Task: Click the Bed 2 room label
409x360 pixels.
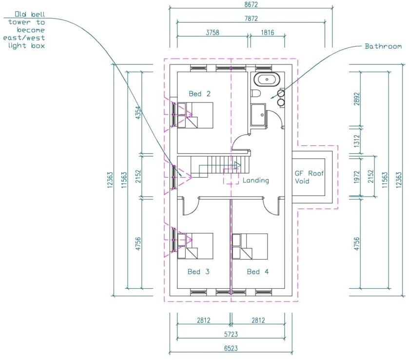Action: [x=199, y=94]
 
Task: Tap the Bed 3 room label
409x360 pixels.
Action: [x=198, y=272]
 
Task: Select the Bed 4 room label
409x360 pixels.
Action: [x=258, y=272]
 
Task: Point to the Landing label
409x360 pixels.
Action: [x=255, y=180]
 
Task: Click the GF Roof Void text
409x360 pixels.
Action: [x=310, y=177]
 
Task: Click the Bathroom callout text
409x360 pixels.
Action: [x=383, y=46]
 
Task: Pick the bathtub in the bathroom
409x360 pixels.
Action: [x=267, y=79]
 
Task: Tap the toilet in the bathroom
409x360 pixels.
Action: [x=255, y=94]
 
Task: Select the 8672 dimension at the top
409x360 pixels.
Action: [x=251, y=4]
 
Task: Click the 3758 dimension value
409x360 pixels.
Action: [x=213, y=33]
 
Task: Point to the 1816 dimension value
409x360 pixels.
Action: [x=267, y=33]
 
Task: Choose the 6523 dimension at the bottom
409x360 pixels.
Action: [x=231, y=348]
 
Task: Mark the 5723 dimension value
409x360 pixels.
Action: [x=231, y=334]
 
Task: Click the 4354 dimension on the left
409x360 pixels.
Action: [x=138, y=112]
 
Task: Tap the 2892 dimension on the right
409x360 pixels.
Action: [x=357, y=99]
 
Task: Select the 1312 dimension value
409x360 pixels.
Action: [x=357, y=140]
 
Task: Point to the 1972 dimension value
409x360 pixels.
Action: [x=357, y=177]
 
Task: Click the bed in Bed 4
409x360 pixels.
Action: [x=250, y=246]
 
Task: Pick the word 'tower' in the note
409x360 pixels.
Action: [x=19, y=22]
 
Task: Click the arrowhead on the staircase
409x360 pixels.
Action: [x=237, y=165]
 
